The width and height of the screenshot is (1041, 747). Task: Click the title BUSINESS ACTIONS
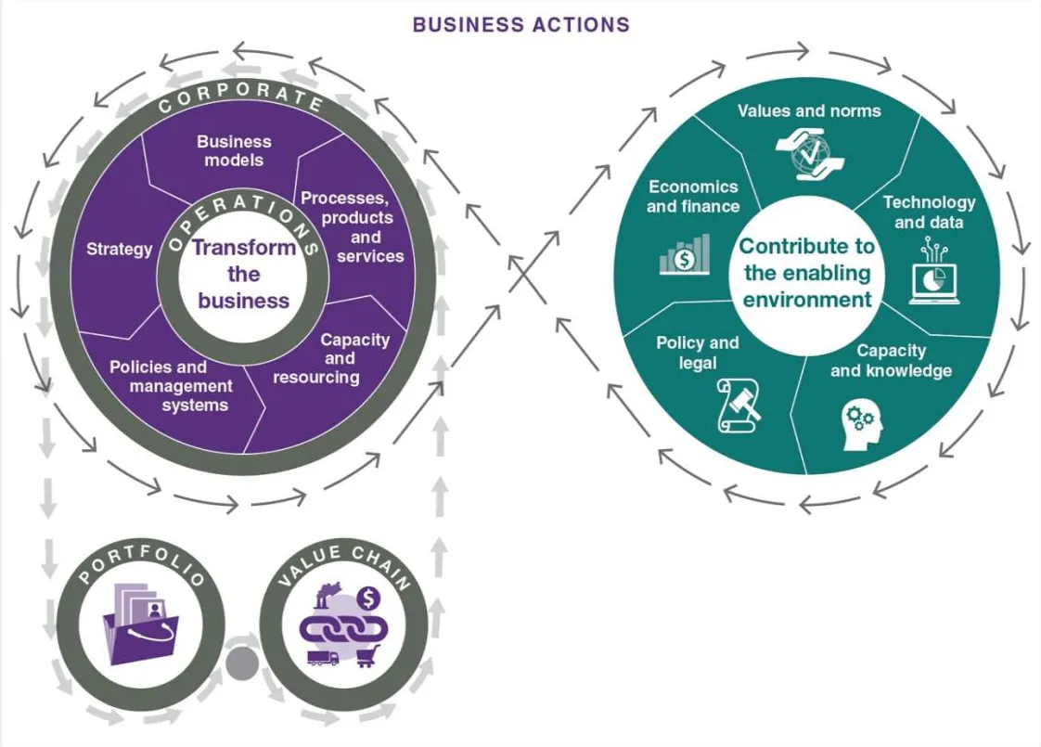coord(520,24)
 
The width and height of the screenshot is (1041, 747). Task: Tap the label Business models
coord(235,150)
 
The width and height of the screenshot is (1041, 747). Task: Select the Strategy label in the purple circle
coord(119,249)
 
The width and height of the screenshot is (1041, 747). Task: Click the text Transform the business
coord(244,274)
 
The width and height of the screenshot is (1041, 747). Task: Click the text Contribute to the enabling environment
coord(807,273)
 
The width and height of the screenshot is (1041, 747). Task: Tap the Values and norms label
coord(809,110)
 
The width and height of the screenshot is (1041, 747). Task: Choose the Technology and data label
coord(929,212)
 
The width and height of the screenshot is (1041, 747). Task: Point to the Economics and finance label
coord(693,196)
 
